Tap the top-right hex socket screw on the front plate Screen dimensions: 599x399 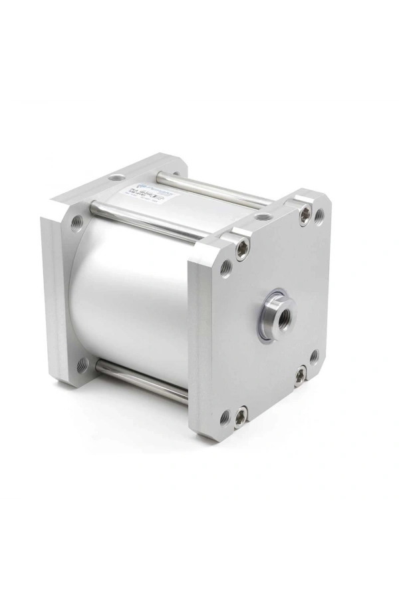pos(305,214)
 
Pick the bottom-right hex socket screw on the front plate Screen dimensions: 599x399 pos(301,375)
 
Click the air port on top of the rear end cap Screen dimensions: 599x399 pos(117,177)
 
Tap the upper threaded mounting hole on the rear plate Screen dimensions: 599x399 pos(77,222)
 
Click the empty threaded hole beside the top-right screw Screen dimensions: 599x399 pos(319,215)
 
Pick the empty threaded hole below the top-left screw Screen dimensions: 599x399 pos(226,268)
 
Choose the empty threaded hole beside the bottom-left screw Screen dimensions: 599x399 pos(225,417)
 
